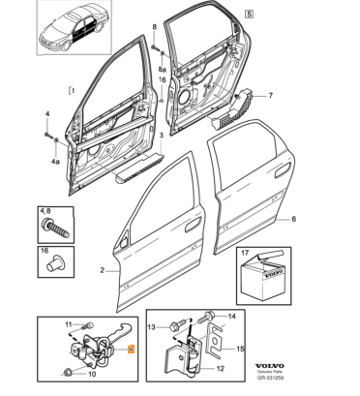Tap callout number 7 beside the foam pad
point(270,95)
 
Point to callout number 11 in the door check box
point(69,324)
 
